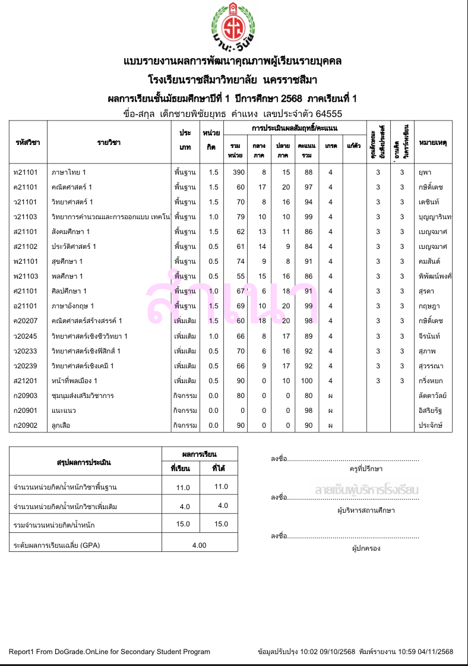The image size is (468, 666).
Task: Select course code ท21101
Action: click(x=26, y=172)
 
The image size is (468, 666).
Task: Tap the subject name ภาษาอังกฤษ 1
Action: click(x=73, y=306)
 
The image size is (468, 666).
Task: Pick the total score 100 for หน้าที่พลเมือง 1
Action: click(x=307, y=381)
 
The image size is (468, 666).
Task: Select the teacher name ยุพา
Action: click(x=425, y=172)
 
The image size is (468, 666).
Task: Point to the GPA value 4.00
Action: click(x=199, y=545)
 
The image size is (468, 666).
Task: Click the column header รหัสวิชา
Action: click(x=27, y=143)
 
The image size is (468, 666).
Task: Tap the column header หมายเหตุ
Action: click(x=433, y=143)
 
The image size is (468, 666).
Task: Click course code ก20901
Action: click(x=26, y=411)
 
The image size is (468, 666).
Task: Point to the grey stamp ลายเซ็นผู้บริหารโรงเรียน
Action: click(x=367, y=490)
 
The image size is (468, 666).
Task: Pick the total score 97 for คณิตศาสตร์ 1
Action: click(x=307, y=187)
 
